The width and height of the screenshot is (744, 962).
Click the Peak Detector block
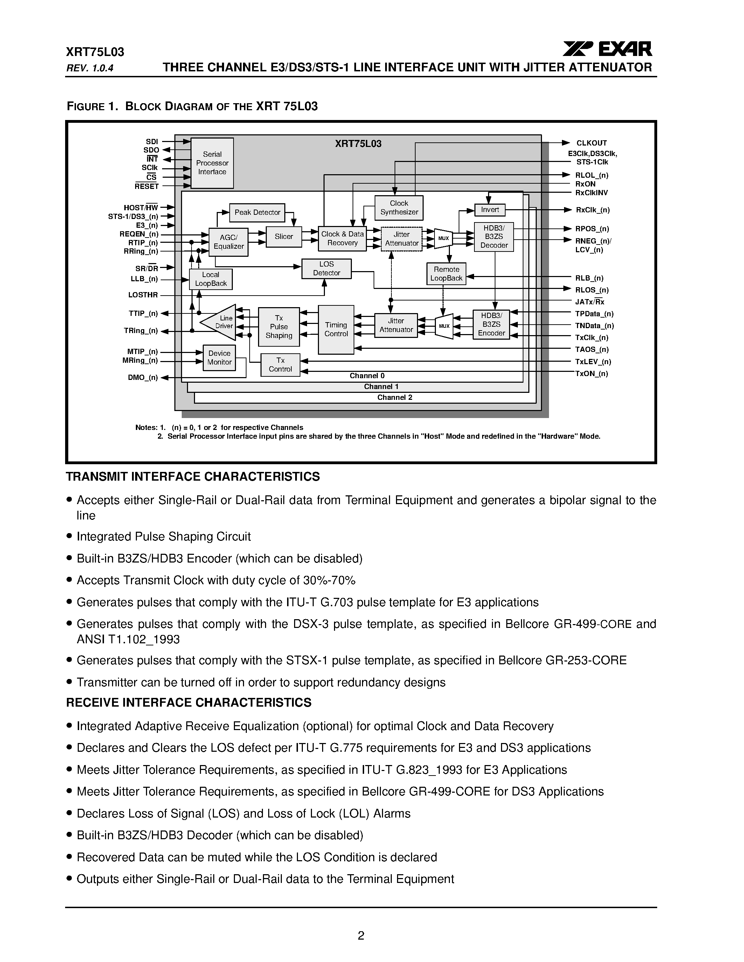click(257, 212)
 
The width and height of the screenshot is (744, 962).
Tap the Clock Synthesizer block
click(399, 208)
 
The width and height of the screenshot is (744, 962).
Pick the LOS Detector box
click(326, 269)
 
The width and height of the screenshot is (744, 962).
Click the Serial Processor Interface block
click(212, 163)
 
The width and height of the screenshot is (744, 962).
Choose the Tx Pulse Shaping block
click(279, 326)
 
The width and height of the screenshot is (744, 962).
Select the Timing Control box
click(336, 330)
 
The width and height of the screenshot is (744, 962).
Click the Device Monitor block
click(219, 358)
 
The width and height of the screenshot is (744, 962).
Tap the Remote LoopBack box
click(446, 274)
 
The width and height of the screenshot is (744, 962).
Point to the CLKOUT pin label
click(591, 143)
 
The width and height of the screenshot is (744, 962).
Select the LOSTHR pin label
click(143, 295)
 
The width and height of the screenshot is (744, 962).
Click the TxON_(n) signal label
click(591, 374)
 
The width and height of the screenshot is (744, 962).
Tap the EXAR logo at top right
click(607, 49)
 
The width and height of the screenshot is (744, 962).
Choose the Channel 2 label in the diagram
click(395, 398)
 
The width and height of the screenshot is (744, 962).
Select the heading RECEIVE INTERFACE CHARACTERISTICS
click(189, 702)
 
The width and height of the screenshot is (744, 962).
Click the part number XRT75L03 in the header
click(95, 52)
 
